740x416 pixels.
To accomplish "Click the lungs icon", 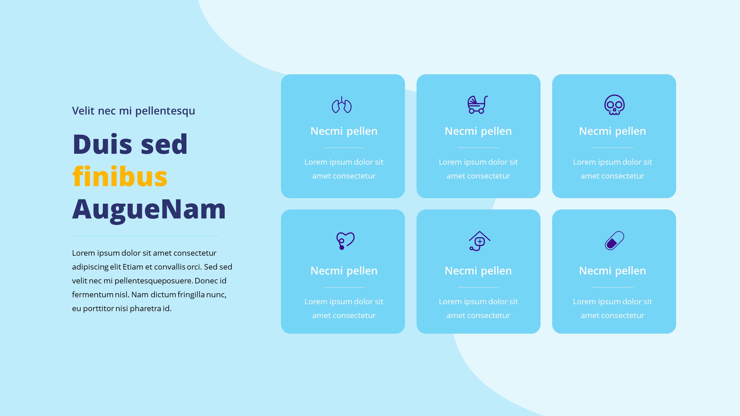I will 342,105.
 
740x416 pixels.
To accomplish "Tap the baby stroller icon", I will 478,105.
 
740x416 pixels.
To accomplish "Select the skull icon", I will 614,105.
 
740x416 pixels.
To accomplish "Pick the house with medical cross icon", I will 479,241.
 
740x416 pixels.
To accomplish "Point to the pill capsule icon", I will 614,240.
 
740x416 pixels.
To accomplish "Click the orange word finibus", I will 120,177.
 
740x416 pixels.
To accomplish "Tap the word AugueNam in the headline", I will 149,209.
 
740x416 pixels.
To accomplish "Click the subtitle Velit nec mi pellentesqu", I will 133,111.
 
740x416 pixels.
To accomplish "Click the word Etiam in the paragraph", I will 133,267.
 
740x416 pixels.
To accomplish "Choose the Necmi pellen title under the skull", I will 612,131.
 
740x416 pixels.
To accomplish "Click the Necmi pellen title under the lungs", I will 344,131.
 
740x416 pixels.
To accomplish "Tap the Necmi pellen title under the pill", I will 612,271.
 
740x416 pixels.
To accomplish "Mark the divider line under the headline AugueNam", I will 146,236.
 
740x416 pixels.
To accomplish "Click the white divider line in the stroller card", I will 478,148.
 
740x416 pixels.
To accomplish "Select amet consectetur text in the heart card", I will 344,315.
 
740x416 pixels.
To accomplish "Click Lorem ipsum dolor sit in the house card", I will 478,302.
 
